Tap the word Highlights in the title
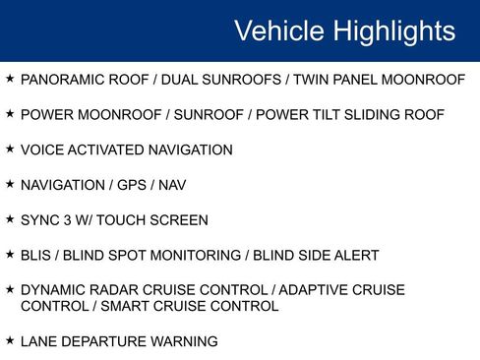(394, 31)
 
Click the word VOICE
(41, 150)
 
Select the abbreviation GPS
(132, 185)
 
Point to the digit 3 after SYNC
(70, 220)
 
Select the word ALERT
(357, 256)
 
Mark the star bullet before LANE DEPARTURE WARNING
(10, 340)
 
